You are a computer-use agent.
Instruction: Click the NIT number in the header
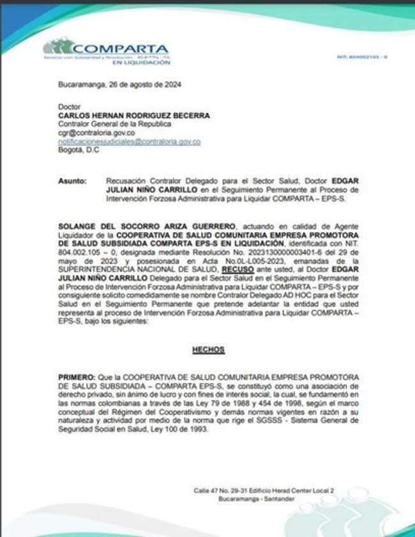362,58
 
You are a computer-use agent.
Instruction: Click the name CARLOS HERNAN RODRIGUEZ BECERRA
133,116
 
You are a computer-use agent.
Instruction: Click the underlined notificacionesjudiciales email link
129,141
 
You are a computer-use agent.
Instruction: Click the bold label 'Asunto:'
72,182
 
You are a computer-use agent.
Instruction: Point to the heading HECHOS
208,350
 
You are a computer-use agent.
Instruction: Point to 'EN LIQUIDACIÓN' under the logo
141,63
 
